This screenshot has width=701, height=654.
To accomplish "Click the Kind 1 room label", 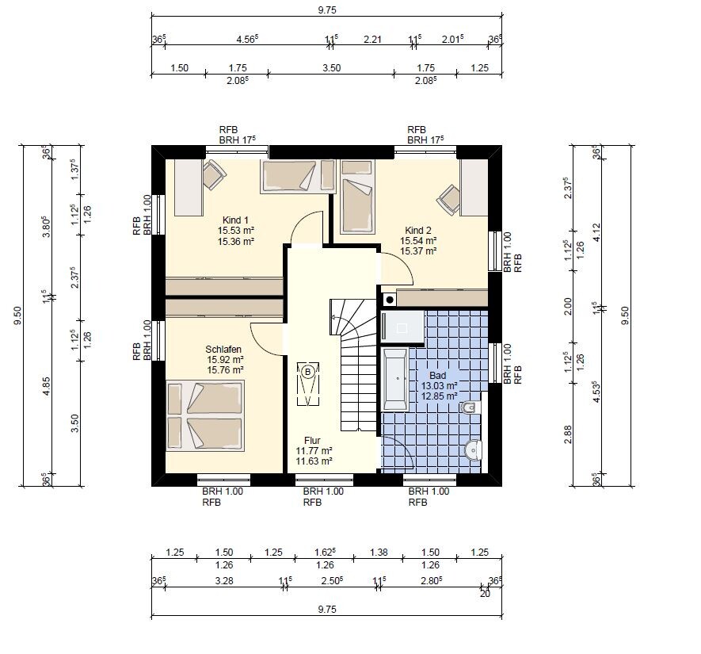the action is coord(235,220).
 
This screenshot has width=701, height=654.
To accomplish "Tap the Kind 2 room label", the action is coord(418,231).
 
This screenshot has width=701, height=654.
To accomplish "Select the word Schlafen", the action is coord(223,350).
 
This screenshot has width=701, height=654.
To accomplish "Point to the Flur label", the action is coord(313,440).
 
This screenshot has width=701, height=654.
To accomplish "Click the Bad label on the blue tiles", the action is coord(438,375).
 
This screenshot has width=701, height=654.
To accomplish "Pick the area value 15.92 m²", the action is coord(225,360).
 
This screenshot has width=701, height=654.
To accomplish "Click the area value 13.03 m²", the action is coord(439,385).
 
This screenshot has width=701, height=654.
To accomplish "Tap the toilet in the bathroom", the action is coord(471,407).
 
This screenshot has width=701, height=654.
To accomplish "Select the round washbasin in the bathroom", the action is coord(474,450).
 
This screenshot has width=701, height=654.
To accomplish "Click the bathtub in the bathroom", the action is coord(394,380).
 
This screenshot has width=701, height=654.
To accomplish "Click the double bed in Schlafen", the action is coord(205,415).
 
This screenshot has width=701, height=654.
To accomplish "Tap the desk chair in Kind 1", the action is coord(214,175).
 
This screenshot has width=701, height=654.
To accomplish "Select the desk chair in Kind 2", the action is coord(449,200).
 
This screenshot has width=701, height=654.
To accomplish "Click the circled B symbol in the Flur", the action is coord(308,372).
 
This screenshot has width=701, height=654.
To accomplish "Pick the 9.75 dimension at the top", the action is coord(327,10).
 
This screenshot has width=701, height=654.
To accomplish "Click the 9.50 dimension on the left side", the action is coord(17,316).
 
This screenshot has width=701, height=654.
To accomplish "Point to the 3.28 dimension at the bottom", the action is coord(224,580).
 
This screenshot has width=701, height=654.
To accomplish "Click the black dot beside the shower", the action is coord(390,300).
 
